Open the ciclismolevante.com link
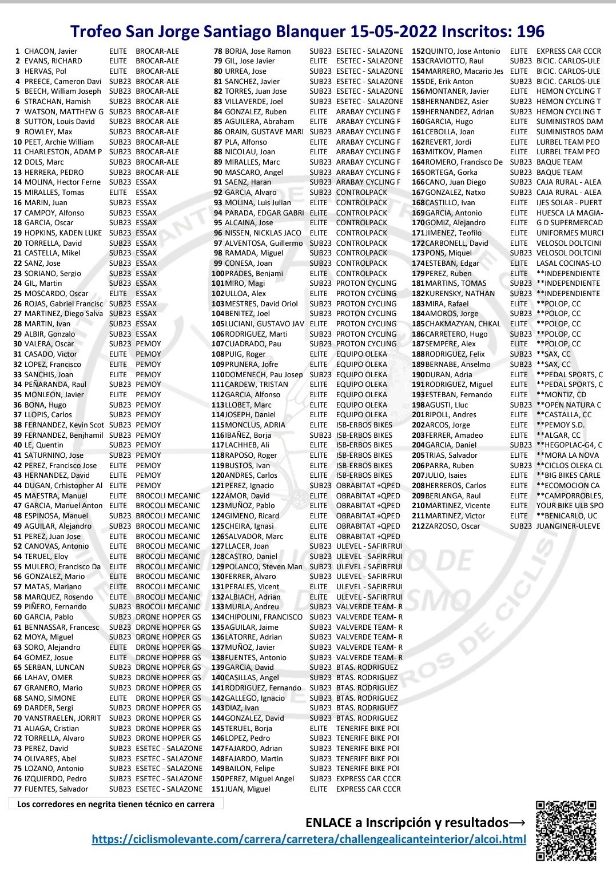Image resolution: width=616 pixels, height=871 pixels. [x=309, y=840]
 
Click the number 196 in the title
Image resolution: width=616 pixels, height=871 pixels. [x=530, y=31]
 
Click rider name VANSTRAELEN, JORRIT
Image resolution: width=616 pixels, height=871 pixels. [x=62, y=718]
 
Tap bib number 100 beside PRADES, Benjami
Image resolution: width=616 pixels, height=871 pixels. [x=218, y=274]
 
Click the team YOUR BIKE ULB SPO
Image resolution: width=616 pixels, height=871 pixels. [x=570, y=506]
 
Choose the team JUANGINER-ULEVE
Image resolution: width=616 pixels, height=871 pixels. [x=569, y=526]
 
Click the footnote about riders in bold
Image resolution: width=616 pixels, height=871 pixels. [x=116, y=804]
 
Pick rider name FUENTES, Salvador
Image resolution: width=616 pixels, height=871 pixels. [x=56, y=789]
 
